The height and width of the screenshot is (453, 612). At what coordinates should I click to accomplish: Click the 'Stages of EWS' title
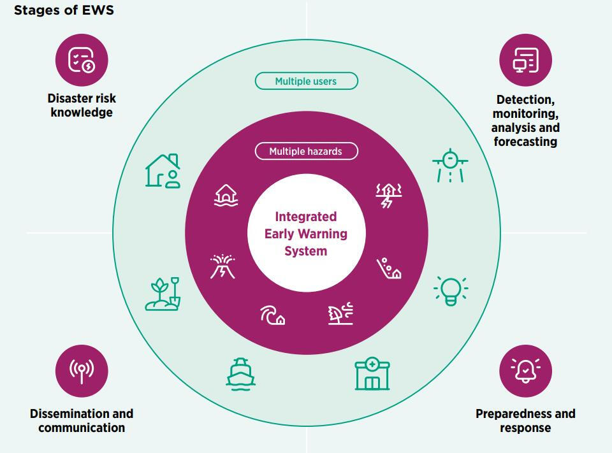(64, 10)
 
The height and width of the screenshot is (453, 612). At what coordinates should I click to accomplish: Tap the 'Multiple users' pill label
(306, 81)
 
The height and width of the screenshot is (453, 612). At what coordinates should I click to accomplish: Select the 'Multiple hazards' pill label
(306, 151)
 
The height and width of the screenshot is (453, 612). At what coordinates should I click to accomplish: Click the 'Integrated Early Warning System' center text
(306, 234)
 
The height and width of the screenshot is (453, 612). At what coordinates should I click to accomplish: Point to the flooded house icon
(226, 196)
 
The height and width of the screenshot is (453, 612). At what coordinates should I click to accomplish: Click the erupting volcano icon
(222, 266)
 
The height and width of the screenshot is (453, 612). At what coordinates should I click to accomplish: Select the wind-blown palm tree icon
(340, 313)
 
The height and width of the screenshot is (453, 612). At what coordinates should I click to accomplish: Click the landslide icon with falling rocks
(389, 269)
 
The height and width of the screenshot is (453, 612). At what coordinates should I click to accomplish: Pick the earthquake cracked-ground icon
(388, 196)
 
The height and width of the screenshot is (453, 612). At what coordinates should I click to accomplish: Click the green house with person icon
(163, 171)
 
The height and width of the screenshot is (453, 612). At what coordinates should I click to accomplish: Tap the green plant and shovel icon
(163, 294)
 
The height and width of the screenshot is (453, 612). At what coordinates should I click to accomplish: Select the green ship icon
(241, 373)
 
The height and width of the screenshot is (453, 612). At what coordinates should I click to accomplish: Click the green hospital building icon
(372, 374)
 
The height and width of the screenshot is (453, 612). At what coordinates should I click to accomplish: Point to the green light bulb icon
(451, 291)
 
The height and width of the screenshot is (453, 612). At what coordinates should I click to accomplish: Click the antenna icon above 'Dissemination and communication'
(82, 371)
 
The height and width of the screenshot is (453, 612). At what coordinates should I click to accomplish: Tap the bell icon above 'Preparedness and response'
(525, 371)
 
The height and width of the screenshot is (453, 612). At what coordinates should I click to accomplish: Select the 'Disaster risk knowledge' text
(82, 106)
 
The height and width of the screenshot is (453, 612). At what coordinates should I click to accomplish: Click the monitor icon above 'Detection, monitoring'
(525, 61)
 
